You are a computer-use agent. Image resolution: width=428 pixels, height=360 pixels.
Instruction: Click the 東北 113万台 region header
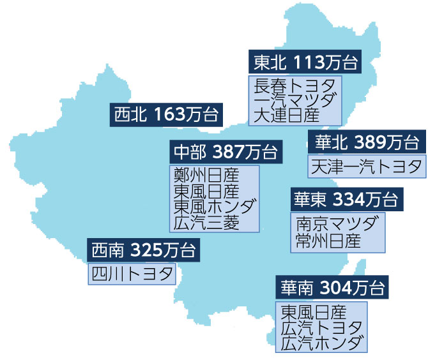pyautogui.click(x=303, y=63)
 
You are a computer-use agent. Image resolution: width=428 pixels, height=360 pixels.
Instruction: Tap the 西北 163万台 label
pyautogui.click(x=166, y=115)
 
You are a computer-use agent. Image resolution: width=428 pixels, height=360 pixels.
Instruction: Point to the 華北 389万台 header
pyautogui.click(x=365, y=142)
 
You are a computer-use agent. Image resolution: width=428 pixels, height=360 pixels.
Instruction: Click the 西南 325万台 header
pyautogui.click(x=143, y=249)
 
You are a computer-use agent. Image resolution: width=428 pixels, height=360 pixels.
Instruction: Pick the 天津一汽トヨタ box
pyautogui.click(x=365, y=167)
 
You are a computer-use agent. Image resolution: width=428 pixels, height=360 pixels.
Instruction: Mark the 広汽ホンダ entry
pyautogui.click(x=322, y=343)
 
